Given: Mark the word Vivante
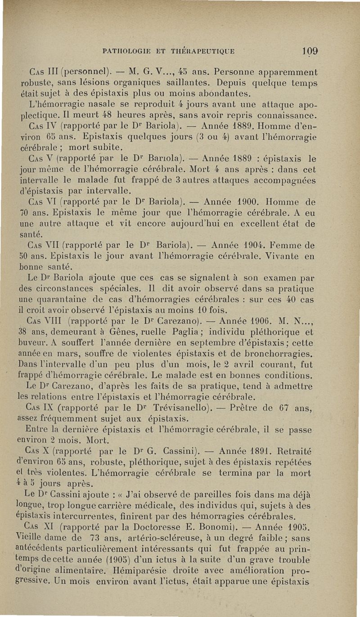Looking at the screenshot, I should pyautogui.click(x=281, y=257).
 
